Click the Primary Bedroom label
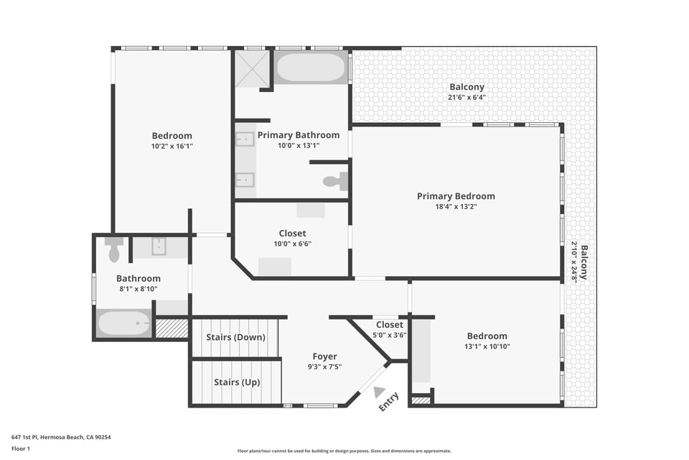[456, 196]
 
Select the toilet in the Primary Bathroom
[336, 181]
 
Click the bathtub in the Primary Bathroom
[311, 68]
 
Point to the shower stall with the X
[252, 68]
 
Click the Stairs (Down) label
[235, 337]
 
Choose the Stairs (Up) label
[237, 382]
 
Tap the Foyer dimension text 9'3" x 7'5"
[324, 367]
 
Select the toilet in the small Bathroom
[114, 249]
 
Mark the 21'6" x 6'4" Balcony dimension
[467, 97]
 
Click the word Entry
[389, 402]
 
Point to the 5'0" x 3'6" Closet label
[389, 330]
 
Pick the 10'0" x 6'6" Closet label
[292, 238]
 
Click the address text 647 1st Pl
[24, 437]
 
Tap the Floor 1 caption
[21, 449]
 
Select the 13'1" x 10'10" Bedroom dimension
[487, 346]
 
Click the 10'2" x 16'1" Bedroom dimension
[172, 146]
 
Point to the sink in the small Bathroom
[159, 247]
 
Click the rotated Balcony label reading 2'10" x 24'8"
[578, 262]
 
